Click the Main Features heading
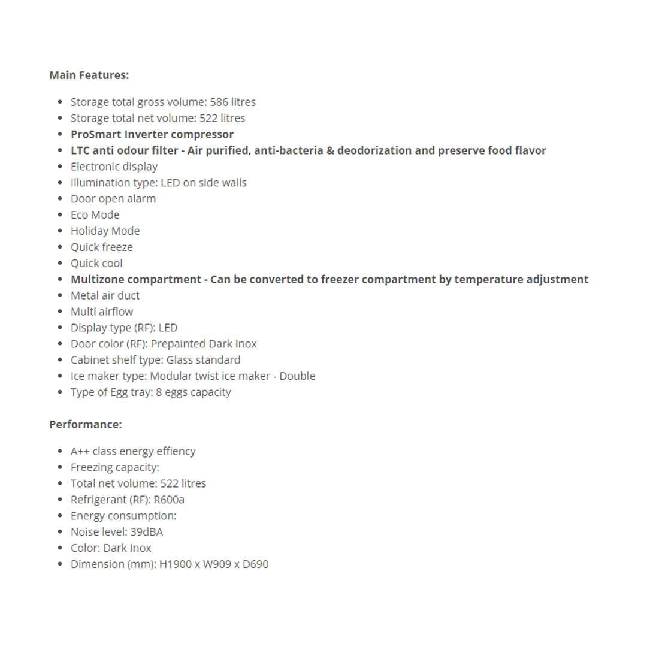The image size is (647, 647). tap(89, 75)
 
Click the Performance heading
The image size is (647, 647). tap(85, 424)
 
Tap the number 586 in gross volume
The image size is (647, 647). tap(219, 102)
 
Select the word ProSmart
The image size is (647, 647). tap(95, 135)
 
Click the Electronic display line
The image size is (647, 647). tap(114, 167)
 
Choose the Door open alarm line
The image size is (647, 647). tap(113, 199)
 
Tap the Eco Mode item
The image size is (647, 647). tap(95, 215)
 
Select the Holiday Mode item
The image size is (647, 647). tap(105, 231)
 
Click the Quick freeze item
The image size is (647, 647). tap(101, 247)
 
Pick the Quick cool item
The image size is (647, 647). tap(96, 264)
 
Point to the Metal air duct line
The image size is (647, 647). tap(105, 296)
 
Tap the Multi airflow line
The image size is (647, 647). tap(101, 312)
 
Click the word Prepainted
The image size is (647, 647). tap(177, 344)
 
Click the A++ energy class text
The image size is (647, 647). tap(80, 452)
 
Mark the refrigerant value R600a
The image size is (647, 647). tap(169, 500)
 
